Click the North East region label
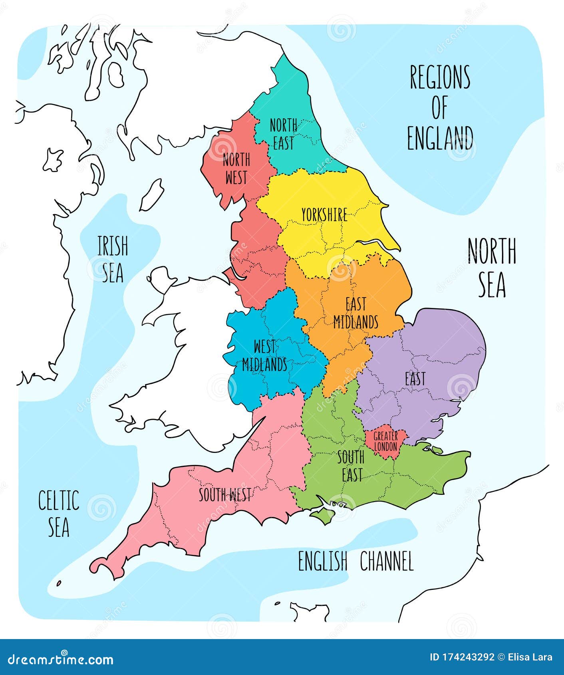(283, 134)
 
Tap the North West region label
(236, 169)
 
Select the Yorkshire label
(324, 215)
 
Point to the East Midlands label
(355, 313)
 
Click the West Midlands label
(264, 355)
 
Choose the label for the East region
(415, 379)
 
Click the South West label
(225, 495)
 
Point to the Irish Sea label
(113, 259)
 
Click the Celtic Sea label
(59, 513)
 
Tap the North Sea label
(492, 267)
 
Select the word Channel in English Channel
(386, 561)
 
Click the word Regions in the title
(440, 77)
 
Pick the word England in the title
(440, 138)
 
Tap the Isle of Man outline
(151, 195)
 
